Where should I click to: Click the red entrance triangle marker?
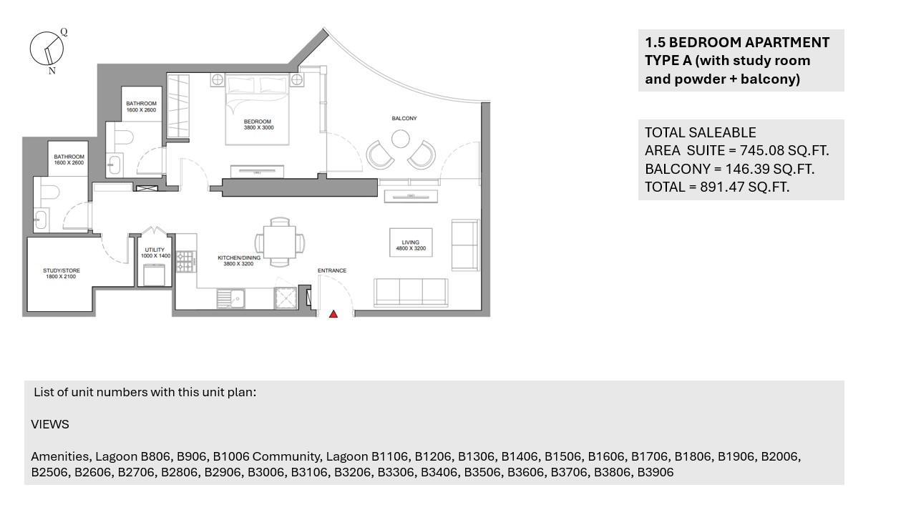(x=333, y=314)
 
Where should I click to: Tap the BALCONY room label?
(x=404, y=119)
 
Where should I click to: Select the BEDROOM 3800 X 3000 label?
(x=258, y=124)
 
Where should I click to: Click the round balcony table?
(x=400, y=139)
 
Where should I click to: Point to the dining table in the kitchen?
(x=280, y=242)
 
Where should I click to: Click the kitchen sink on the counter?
(x=230, y=298)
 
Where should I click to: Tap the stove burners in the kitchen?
(x=185, y=262)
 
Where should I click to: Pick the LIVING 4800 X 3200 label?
(x=411, y=245)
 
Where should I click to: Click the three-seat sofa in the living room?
(x=411, y=293)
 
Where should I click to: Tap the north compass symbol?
(x=48, y=50)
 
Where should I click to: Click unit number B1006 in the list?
(x=230, y=456)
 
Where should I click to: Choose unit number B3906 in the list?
(x=655, y=472)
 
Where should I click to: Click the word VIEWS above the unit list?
(x=50, y=424)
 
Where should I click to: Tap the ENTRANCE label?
(x=332, y=270)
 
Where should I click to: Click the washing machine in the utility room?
(x=154, y=275)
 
